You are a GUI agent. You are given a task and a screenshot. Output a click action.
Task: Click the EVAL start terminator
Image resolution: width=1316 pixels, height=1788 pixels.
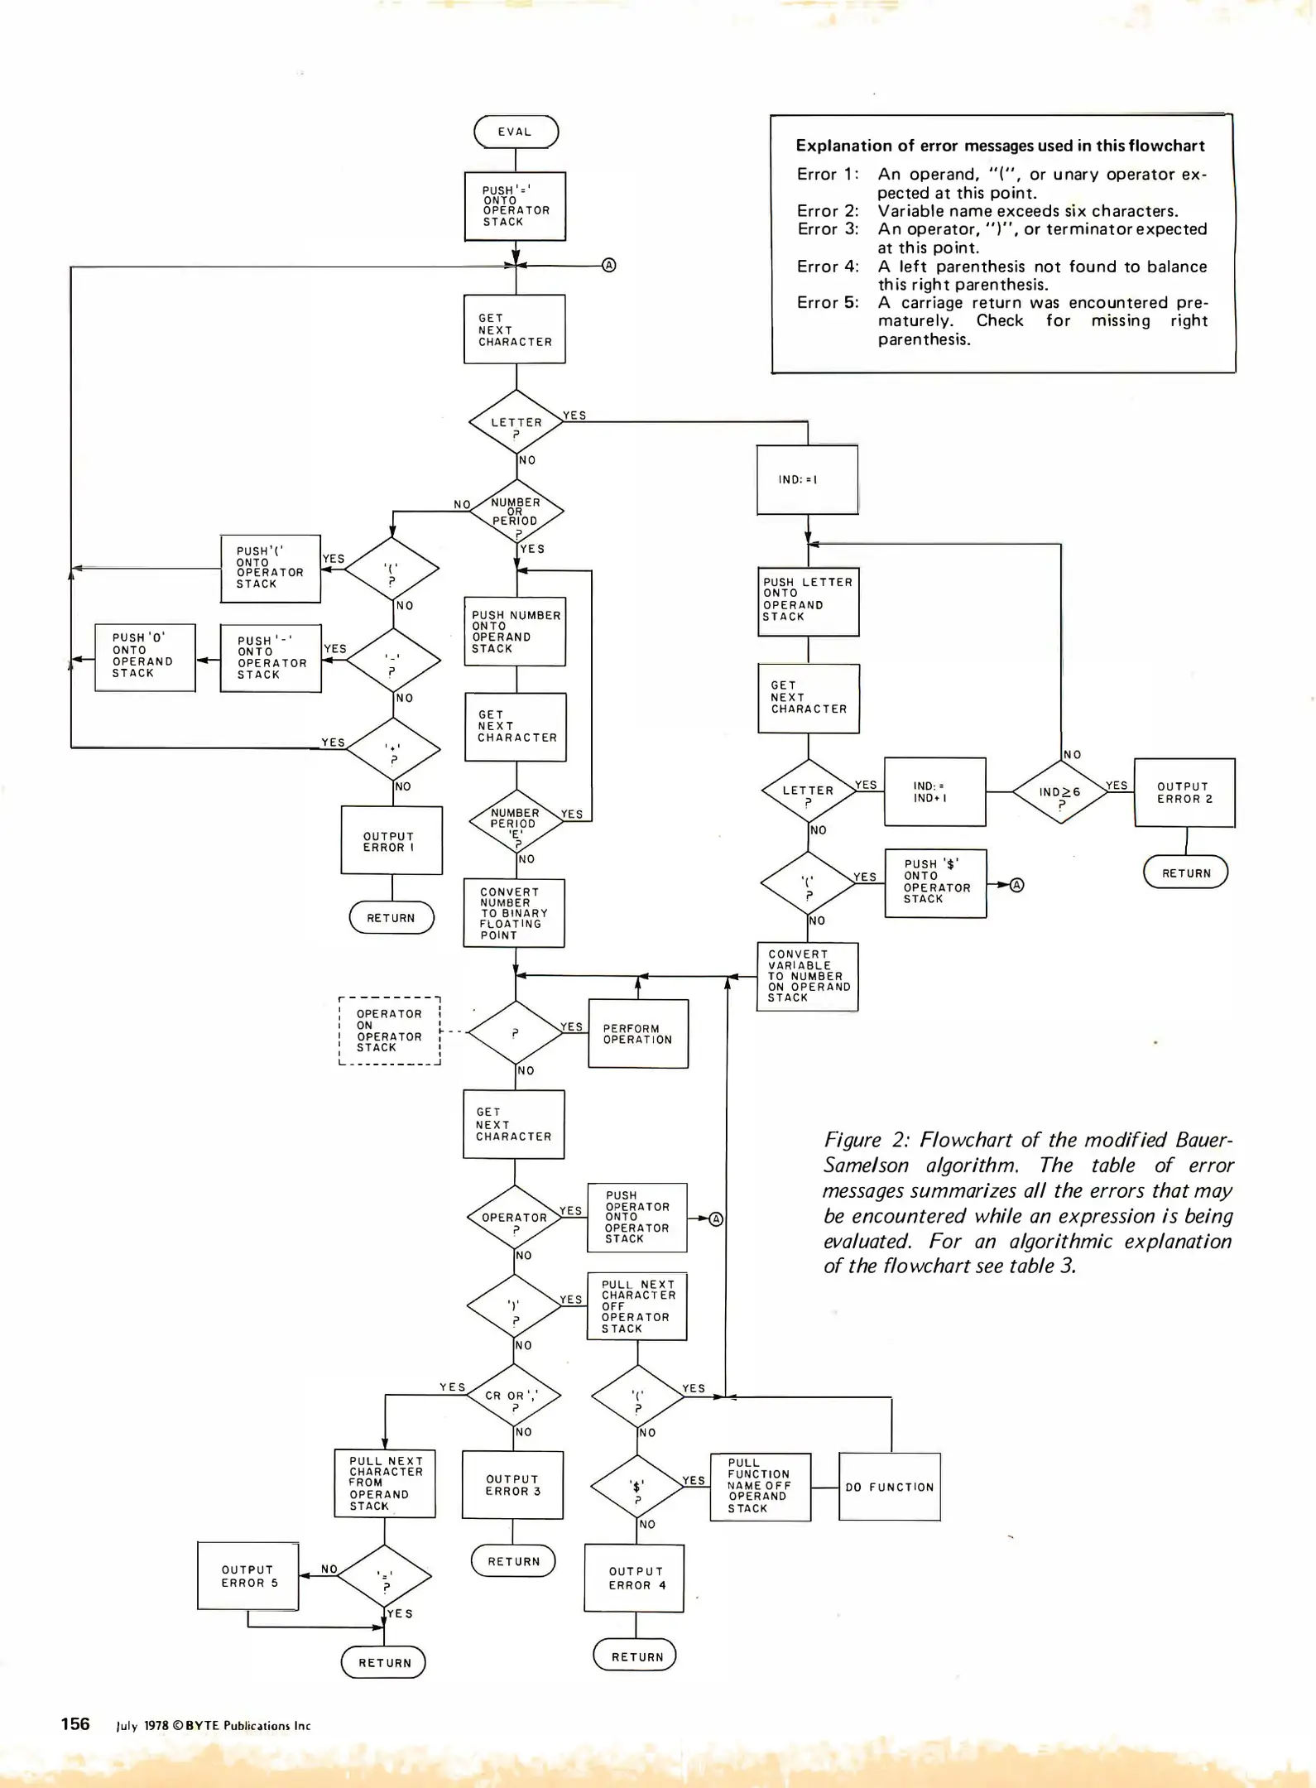tap(516, 132)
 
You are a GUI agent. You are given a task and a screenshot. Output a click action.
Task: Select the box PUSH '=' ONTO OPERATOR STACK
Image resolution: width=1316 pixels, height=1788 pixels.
tap(515, 206)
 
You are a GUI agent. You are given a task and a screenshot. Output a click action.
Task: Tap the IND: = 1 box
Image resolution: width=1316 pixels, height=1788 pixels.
tap(807, 479)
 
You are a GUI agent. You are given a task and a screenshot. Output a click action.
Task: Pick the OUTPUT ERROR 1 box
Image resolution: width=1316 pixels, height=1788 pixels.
tap(391, 840)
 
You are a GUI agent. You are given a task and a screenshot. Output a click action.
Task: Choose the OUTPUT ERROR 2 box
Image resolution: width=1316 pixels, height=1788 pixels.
tap(1184, 792)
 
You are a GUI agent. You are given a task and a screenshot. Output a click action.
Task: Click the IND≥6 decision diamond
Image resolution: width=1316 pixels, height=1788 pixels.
tap(1060, 792)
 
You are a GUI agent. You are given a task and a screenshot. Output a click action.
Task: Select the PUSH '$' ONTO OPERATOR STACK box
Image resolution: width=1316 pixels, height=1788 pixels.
tap(935, 882)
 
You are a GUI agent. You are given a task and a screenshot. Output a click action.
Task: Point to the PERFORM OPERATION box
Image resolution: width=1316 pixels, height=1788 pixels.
tap(638, 1034)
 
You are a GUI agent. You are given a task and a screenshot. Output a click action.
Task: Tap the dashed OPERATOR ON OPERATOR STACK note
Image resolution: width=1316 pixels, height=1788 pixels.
tap(390, 1031)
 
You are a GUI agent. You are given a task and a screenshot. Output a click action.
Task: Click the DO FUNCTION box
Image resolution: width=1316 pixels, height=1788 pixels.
tap(890, 1487)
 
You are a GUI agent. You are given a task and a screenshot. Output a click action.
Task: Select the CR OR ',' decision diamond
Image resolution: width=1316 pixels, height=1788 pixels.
tap(514, 1396)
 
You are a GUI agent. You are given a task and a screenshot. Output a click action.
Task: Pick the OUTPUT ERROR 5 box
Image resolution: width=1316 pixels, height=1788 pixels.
tap(248, 1575)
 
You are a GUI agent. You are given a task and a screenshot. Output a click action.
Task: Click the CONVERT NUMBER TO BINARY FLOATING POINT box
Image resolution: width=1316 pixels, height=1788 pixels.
tap(514, 913)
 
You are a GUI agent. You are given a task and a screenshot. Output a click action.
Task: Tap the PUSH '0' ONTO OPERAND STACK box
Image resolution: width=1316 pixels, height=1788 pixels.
tap(145, 657)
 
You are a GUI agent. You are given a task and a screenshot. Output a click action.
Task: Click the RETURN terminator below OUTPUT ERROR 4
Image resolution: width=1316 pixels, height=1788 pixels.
tap(636, 1656)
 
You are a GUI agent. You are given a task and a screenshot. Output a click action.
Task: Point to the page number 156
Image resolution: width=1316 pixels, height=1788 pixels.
tap(75, 1723)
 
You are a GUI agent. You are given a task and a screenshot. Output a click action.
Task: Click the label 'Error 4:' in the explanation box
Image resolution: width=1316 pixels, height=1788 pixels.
tap(828, 267)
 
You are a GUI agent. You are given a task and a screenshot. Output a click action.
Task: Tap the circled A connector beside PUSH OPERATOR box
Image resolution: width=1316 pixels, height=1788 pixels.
tap(717, 1218)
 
